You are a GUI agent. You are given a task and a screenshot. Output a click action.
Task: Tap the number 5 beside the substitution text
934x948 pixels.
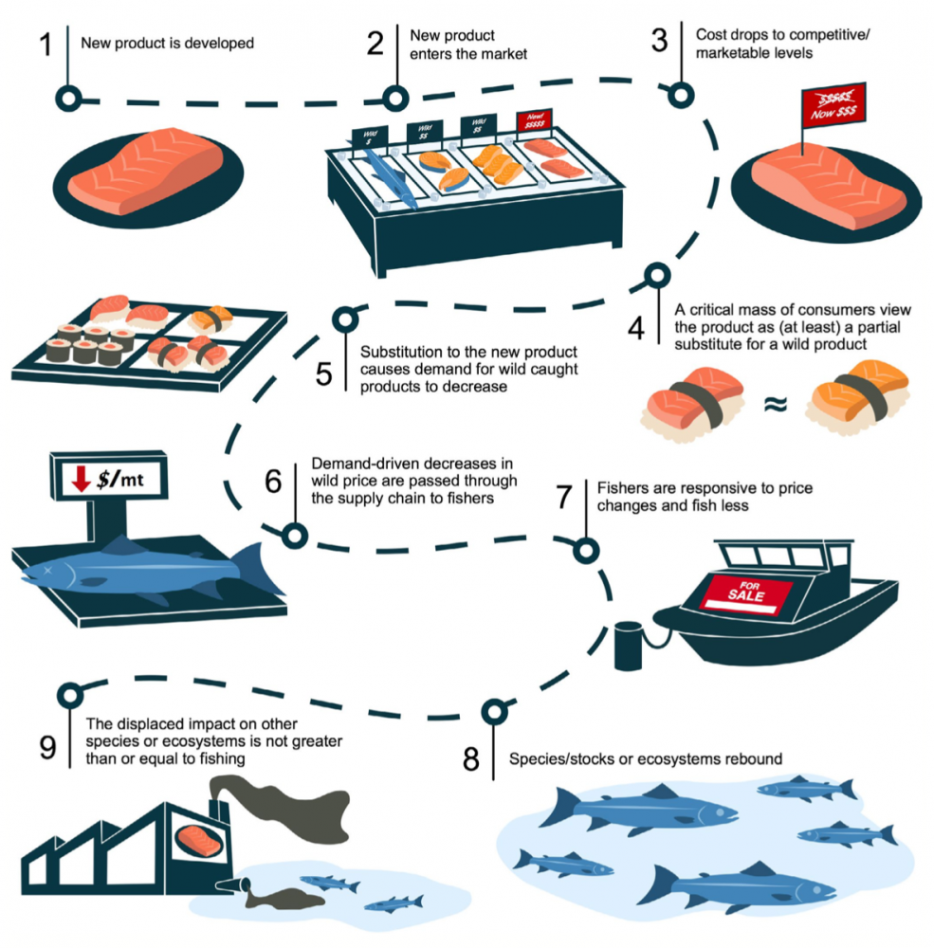coord(323,374)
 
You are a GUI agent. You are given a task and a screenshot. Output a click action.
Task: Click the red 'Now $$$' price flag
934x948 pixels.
coord(832,104)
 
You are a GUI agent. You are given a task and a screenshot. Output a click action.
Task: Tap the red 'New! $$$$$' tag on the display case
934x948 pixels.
coord(534,120)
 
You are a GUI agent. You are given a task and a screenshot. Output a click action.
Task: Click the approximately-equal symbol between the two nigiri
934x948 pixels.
coord(775,406)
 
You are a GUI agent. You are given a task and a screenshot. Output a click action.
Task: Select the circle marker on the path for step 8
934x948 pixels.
coord(493,711)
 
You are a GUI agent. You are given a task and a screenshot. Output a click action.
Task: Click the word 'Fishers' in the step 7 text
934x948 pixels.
coord(618,488)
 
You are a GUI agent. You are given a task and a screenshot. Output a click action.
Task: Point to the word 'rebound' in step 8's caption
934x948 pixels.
coord(751,759)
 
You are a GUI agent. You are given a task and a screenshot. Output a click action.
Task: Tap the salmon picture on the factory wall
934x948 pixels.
coord(198,840)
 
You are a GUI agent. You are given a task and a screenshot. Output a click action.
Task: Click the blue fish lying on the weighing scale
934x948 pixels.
coord(142,572)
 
